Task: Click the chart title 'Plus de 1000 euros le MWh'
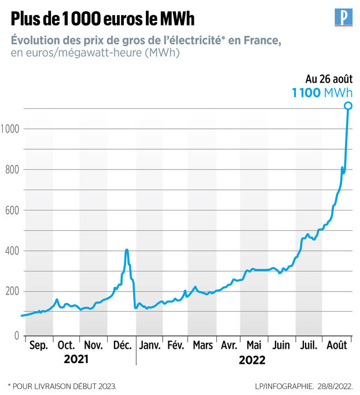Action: click(x=102, y=19)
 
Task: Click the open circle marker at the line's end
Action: click(x=348, y=105)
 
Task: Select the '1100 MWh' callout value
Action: click(x=321, y=93)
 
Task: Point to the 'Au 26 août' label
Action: click(x=328, y=79)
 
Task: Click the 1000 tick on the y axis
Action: click(x=11, y=129)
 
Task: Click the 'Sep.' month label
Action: click(x=38, y=346)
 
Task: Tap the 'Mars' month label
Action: click(x=203, y=346)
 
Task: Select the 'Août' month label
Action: click(x=336, y=346)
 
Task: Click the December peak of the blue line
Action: click(x=127, y=250)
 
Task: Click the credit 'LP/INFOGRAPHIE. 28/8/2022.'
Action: click(x=305, y=385)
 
